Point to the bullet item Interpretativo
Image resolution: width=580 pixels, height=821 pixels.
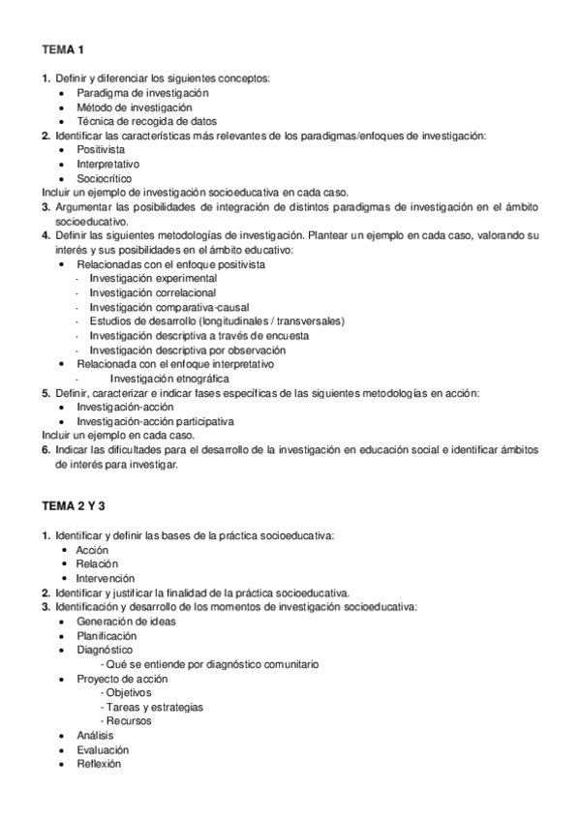(x=107, y=165)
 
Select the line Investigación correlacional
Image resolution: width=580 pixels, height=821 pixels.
(x=152, y=292)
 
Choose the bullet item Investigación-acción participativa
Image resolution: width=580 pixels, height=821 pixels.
(x=155, y=421)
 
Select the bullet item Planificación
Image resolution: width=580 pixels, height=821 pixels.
(x=107, y=636)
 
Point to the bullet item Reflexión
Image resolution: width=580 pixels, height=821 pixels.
(x=99, y=764)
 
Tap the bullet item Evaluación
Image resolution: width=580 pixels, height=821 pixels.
(x=103, y=749)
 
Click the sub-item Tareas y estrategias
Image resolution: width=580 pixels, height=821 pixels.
(x=153, y=707)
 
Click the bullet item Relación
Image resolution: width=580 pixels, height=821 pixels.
(x=97, y=563)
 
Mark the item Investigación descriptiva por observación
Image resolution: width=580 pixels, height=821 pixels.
(x=187, y=350)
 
